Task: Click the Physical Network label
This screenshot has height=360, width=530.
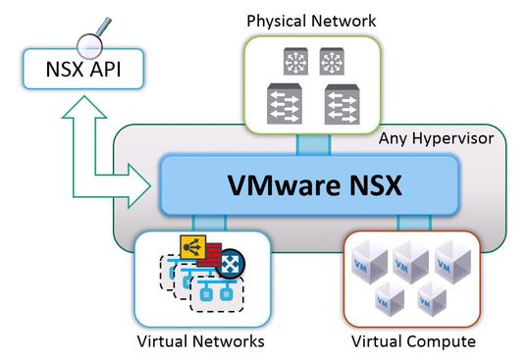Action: pos(311,20)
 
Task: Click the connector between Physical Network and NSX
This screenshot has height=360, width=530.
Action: pos(312,144)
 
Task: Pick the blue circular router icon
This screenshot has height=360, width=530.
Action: pos(232,264)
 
